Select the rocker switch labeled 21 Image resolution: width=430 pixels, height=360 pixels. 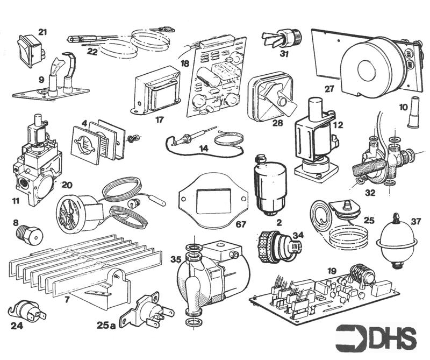[30, 46]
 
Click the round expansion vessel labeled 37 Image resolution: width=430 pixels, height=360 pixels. [396, 241]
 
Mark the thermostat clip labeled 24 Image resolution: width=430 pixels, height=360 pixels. [23, 311]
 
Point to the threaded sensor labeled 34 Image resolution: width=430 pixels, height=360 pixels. [275, 246]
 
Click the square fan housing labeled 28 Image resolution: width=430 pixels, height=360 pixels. [269, 97]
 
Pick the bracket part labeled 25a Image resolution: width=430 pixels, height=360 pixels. [148, 310]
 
